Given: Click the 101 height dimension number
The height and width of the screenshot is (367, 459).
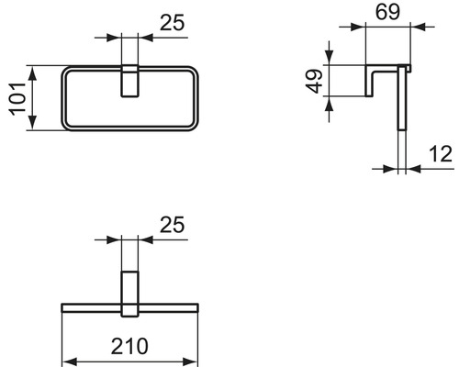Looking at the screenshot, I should click(16, 98).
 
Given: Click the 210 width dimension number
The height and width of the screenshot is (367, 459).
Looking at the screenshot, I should click(129, 349).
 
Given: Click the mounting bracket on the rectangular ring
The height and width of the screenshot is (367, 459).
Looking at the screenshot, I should click(129, 80).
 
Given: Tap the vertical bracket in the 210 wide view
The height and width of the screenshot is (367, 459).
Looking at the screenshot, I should click(129, 292).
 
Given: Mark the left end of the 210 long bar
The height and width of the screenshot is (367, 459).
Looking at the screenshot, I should click(62, 306).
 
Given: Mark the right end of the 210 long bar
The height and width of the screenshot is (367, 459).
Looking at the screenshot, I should click(197, 306).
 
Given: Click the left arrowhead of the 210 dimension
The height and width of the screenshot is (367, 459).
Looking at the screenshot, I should click(66, 361).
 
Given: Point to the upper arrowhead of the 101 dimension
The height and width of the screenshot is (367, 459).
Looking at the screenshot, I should click(32, 71).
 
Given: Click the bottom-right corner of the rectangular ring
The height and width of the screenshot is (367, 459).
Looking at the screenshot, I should click(196, 128).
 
